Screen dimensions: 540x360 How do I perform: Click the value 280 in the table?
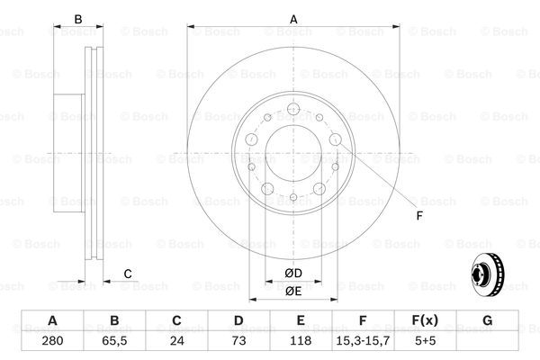click(x=52, y=341)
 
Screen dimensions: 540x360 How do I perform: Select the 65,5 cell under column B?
click(x=114, y=341)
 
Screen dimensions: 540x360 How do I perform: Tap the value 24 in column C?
click(x=176, y=341)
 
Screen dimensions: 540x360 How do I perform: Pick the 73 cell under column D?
click(x=238, y=341)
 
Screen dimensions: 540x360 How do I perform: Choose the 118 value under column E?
click(x=301, y=341)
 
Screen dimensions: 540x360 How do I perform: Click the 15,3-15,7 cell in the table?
click(x=363, y=341)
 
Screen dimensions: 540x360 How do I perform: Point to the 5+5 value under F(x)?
click(x=426, y=341)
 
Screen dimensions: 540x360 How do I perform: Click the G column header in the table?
click(x=487, y=320)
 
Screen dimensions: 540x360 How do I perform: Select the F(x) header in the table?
click(x=425, y=320)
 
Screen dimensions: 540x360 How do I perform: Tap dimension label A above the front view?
click(x=293, y=19)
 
